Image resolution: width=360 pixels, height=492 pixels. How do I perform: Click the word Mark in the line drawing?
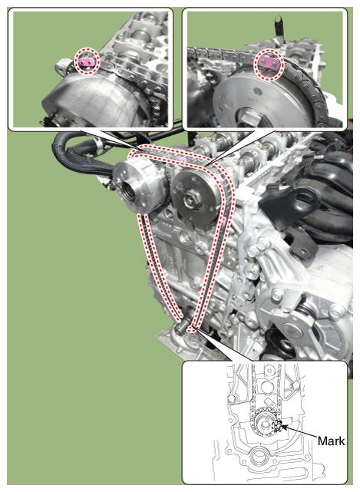click(331, 441)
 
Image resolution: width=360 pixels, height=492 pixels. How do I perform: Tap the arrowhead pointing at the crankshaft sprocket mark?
click(284, 427)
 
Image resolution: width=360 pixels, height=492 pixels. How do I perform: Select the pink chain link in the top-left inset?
click(86, 62)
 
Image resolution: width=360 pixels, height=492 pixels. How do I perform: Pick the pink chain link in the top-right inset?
click(269, 64)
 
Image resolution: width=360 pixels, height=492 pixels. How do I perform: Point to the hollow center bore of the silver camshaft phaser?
click(129, 192)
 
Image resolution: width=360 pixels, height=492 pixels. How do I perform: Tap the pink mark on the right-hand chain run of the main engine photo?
click(223, 222)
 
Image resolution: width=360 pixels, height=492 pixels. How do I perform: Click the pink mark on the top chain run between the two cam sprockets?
click(181, 160)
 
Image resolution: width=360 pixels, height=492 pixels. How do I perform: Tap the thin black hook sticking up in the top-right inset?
click(278, 25)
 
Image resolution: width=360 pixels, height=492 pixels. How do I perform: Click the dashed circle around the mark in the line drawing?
click(277, 425)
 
